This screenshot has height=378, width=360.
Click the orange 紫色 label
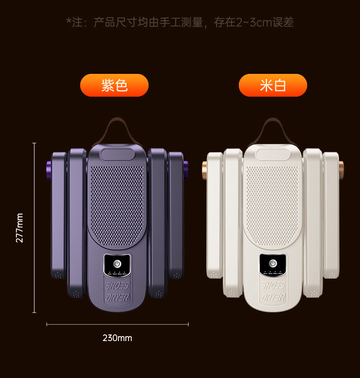pyautogui.click(x=114, y=85)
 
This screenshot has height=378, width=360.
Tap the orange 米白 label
pyautogui.click(x=273, y=85)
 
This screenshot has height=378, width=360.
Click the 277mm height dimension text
pyautogui.click(x=20, y=228)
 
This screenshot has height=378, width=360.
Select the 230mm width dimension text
pyautogui.click(x=117, y=338)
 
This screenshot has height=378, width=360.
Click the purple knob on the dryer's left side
pyautogui.click(x=48, y=169)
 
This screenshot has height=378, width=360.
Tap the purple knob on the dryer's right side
pyautogui.click(x=186, y=169)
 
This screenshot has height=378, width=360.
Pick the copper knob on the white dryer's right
pyautogui.click(x=341, y=170)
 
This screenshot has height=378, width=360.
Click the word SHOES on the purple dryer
pyautogui.click(x=117, y=286)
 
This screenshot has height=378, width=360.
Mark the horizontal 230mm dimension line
pyautogui.click(x=117, y=324)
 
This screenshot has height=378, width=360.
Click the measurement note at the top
pyautogui.click(x=180, y=22)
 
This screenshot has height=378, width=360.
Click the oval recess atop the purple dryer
pyautogui.click(x=117, y=154)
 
